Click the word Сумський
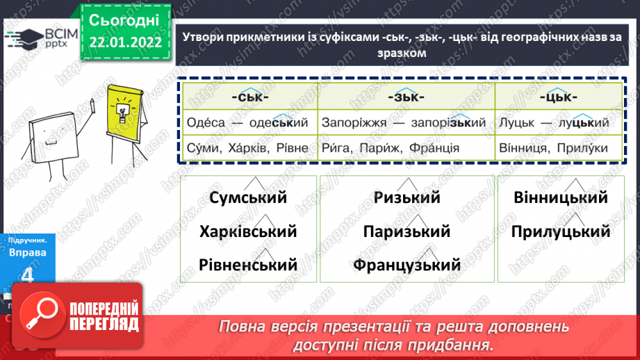click(x=248, y=198)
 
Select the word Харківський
click(x=248, y=231)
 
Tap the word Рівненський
click(x=248, y=265)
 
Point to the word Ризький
click(x=407, y=198)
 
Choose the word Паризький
click(x=407, y=231)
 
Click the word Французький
click(x=407, y=265)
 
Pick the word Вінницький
click(x=561, y=198)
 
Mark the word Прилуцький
click(x=561, y=231)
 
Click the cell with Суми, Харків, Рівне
click(x=248, y=148)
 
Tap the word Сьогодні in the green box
click(x=124, y=19)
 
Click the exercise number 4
click(x=27, y=275)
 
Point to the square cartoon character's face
click(x=53, y=136)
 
